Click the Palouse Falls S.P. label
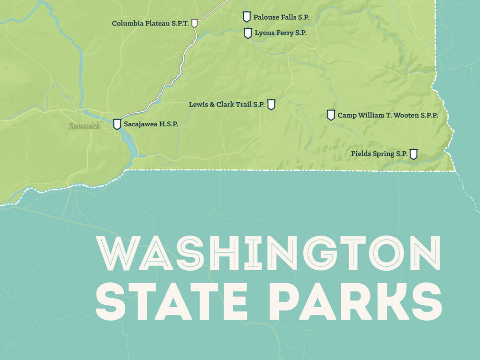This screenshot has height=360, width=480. [281, 17]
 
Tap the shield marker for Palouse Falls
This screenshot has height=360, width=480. [247, 17]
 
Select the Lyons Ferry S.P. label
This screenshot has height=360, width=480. [281, 33]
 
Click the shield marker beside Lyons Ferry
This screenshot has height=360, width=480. [248, 33]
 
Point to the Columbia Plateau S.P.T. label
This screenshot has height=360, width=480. [150, 23]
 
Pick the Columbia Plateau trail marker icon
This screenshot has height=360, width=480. [194, 23]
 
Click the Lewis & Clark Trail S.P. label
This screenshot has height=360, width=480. [227, 104]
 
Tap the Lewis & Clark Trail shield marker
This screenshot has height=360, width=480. [271, 104]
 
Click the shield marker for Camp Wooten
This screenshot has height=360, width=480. [331, 115]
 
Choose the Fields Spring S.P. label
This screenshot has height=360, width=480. [379, 154]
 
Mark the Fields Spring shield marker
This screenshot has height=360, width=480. [413, 154]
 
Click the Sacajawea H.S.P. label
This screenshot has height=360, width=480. [151, 124]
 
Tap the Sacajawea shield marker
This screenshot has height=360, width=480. [117, 124]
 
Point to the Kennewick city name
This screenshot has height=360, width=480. [84, 126]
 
